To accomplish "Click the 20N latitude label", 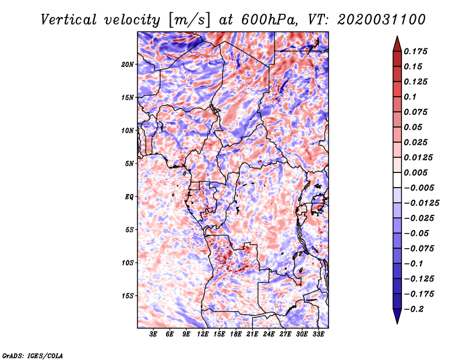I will coord(128,64).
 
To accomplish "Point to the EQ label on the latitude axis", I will coord(129,196).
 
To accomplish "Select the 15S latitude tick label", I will coord(128,296).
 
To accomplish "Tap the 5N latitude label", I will coord(129,164).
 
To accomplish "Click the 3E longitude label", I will coord(154,334).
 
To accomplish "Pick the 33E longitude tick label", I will coord(319,334).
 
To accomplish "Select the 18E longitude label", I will coord(236,334).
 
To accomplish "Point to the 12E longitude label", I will coord(203,334).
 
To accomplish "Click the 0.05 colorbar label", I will coord(415,127).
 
